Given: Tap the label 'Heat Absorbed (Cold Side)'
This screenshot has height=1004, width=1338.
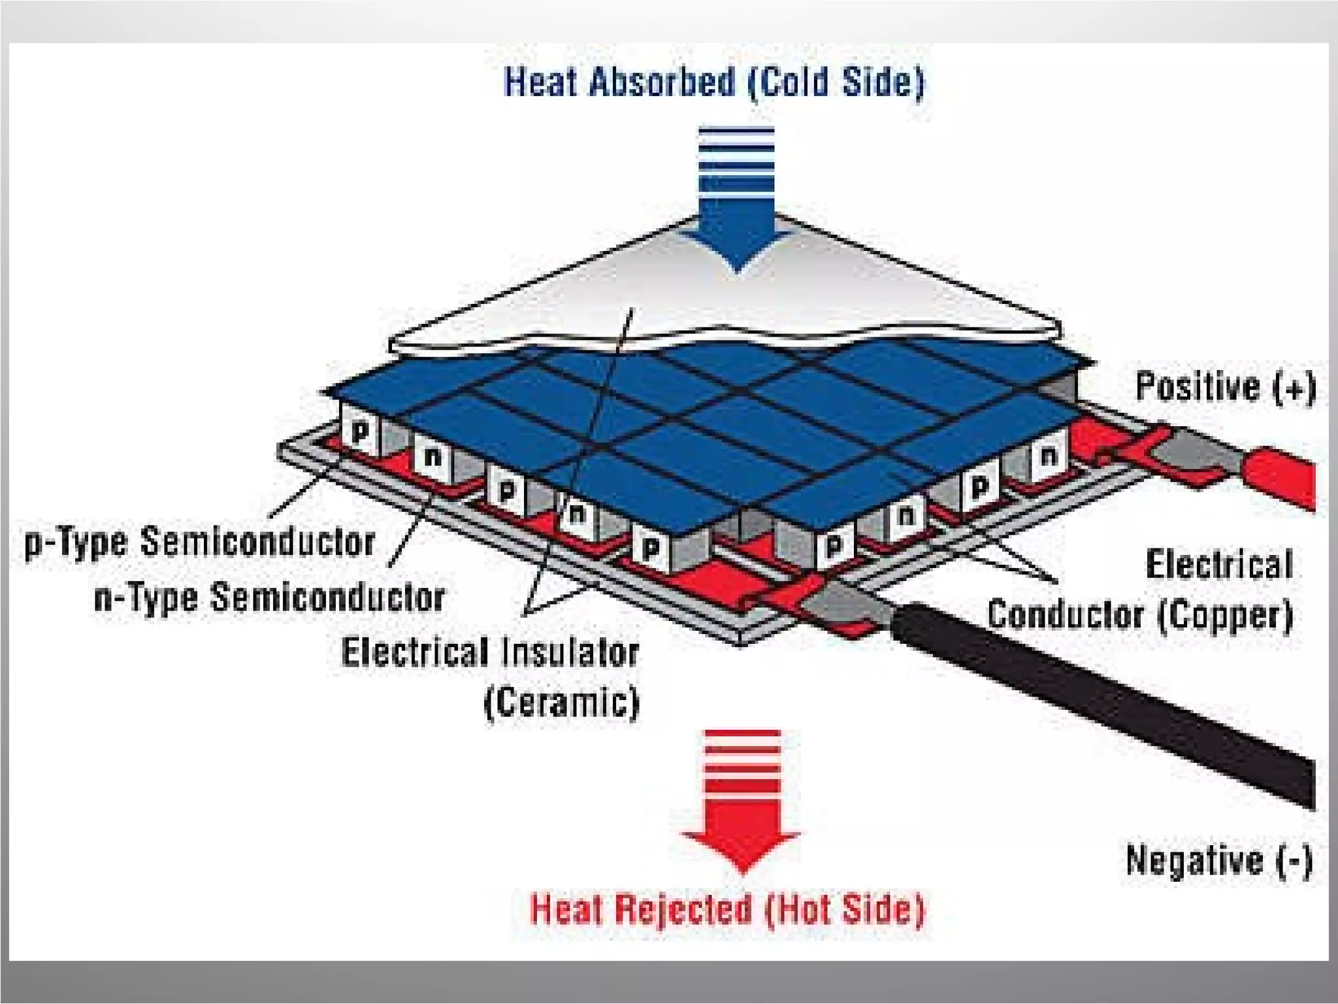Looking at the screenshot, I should pyautogui.click(x=714, y=83).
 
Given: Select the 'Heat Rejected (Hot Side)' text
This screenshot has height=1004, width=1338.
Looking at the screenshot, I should pyautogui.click(x=727, y=909).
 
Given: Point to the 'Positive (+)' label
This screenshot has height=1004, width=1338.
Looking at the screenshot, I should pyautogui.click(x=1226, y=386).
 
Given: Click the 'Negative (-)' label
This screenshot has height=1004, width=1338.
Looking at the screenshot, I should pyautogui.click(x=1219, y=860).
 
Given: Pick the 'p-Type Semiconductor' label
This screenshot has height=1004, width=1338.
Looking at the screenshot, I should pyautogui.click(x=199, y=542).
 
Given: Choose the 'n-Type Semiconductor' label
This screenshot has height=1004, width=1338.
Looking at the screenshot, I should pyautogui.click(x=269, y=597).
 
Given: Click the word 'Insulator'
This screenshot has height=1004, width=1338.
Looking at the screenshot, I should pyautogui.click(x=571, y=652).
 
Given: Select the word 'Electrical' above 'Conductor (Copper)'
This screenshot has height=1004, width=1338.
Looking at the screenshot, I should pyautogui.click(x=1219, y=565).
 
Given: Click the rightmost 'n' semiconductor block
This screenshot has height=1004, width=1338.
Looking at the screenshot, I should pyautogui.click(x=1049, y=456).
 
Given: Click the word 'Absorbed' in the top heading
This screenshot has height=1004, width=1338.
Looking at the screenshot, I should pyautogui.click(x=661, y=83).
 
